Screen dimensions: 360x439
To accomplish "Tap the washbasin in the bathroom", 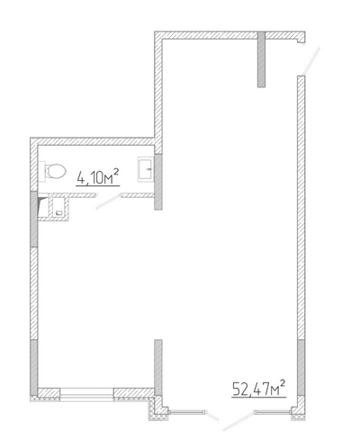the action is [x=146, y=169].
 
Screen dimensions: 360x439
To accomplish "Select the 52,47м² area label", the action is [x=258, y=389].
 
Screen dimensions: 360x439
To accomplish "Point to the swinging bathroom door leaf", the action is [x=108, y=201].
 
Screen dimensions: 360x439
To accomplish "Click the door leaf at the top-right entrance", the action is [x=310, y=61].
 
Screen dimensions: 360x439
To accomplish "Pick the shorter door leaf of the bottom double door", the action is [x=211, y=416].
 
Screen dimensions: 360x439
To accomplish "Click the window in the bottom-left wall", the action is [x=86, y=394].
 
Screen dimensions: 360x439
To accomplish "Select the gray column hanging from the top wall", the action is [x=261, y=59].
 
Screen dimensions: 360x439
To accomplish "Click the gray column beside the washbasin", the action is [x=158, y=182].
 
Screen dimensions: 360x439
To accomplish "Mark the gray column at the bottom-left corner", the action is [x=34, y=367].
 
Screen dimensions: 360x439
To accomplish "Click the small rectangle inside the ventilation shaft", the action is [x=59, y=213].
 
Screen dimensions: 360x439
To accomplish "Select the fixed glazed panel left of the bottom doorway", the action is [x=186, y=413].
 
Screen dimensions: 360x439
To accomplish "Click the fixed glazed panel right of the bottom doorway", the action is [x=273, y=413].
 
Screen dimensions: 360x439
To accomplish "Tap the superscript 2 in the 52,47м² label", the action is [x=282, y=383].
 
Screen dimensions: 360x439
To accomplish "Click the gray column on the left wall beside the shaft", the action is [x=34, y=219].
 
